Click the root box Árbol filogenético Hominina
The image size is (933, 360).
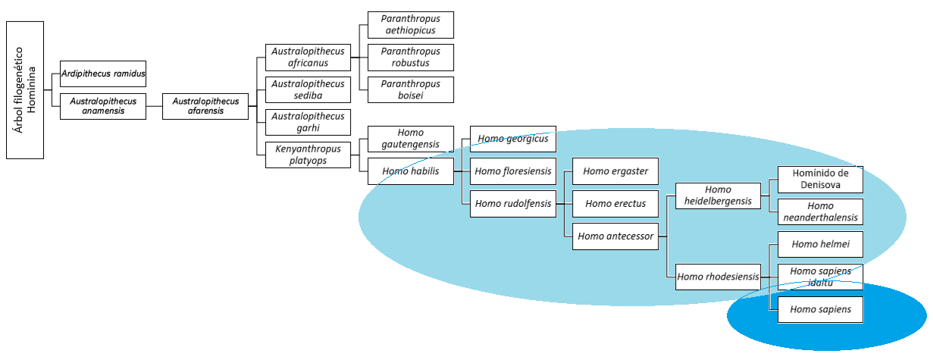(25, 89)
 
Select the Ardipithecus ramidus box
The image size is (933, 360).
(103, 74)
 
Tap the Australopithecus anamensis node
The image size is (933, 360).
(103, 106)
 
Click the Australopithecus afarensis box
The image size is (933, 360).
(205, 106)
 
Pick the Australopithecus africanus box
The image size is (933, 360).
(308, 57)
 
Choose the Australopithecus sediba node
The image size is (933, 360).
(308, 89)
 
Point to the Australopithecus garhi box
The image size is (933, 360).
(308, 122)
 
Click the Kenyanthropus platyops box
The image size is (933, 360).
(308, 155)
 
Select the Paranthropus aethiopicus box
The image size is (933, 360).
(410, 24)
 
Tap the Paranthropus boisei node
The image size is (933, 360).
(410, 89)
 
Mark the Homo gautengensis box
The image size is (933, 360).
(410, 139)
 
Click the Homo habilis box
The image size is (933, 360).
(410, 171)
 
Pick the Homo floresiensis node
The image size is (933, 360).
(513, 171)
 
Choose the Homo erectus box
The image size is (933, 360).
(615, 203)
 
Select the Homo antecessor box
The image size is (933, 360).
(615, 236)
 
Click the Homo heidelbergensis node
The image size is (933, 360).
(718, 195)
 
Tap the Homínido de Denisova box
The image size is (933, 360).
(820, 179)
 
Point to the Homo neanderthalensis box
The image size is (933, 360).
(820, 211)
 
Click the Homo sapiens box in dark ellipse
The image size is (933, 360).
(820, 309)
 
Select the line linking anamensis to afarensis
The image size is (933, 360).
(154, 106)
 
